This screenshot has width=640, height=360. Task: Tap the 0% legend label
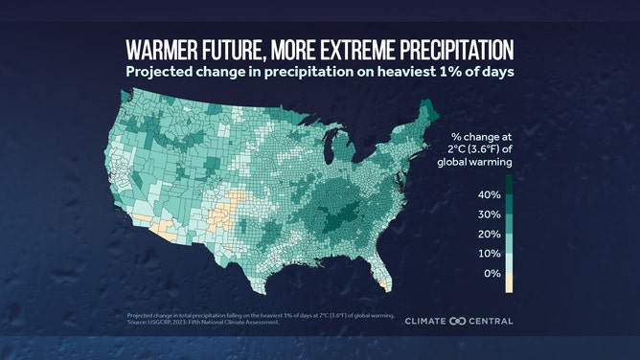click(x=491, y=274)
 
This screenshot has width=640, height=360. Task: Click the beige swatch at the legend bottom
click(x=508, y=283)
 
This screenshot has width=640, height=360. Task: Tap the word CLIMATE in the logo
click(x=428, y=321)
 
